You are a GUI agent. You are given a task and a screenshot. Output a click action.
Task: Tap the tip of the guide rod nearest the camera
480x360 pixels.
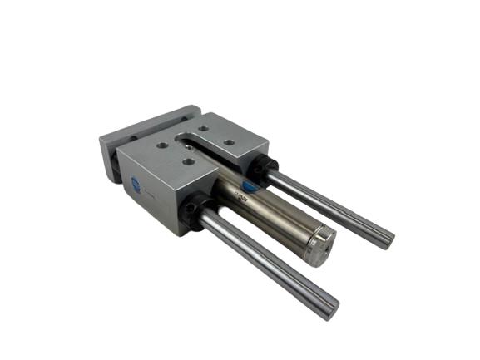pyautogui.click(x=330, y=309)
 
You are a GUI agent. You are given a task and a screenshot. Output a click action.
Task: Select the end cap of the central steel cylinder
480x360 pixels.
pyautogui.click(x=321, y=247)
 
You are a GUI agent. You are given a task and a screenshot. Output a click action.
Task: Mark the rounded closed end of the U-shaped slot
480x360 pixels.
pyautogui.click(x=180, y=136)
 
